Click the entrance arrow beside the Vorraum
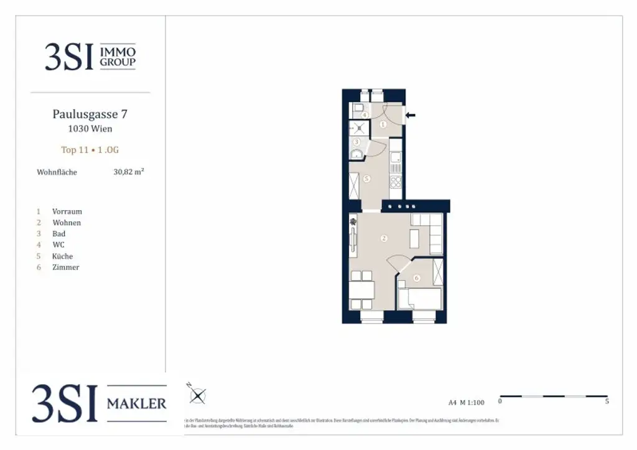coord(411,114)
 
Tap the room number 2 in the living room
coord(384,238)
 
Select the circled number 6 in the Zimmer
coord(416,278)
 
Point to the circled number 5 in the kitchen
coord(367,179)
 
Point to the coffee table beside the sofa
coord(414,237)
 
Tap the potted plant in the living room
coord(353,220)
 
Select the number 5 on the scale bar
coord(607,402)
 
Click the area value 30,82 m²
coord(128,172)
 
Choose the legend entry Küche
coord(63,256)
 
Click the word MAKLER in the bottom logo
coord(137,404)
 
